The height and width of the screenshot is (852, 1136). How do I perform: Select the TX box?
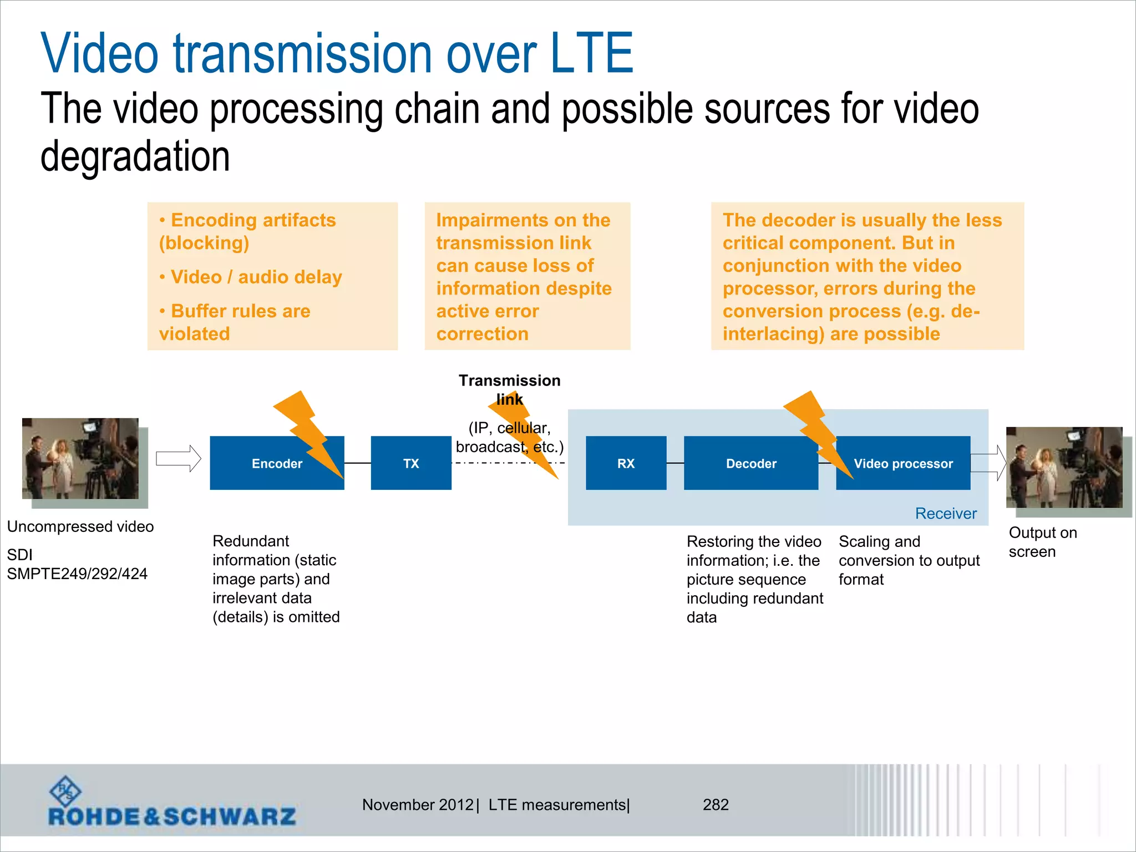pyautogui.click(x=411, y=463)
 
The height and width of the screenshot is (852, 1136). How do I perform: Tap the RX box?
pyautogui.click(x=626, y=463)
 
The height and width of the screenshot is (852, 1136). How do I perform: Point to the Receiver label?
pyautogui.click(x=945, y=514)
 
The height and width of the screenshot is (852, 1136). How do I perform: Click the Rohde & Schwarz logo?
pyautogui.click(x=172, y=804)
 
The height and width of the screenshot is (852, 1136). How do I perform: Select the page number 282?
pyautogui.click(x=716, y=805)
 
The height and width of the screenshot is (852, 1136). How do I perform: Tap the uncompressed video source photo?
pyautogui.click(x=80, y=459)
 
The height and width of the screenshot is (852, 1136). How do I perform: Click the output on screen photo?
pyautogui.click(x=1064, y=467)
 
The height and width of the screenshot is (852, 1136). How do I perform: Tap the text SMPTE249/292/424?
pyautogui.click(x=77, y=574)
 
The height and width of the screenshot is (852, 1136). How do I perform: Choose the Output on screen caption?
pyautogui.click(x=1042, y=542)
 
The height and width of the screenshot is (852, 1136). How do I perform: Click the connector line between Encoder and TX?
pyautogui.click(x=357, y=463)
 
